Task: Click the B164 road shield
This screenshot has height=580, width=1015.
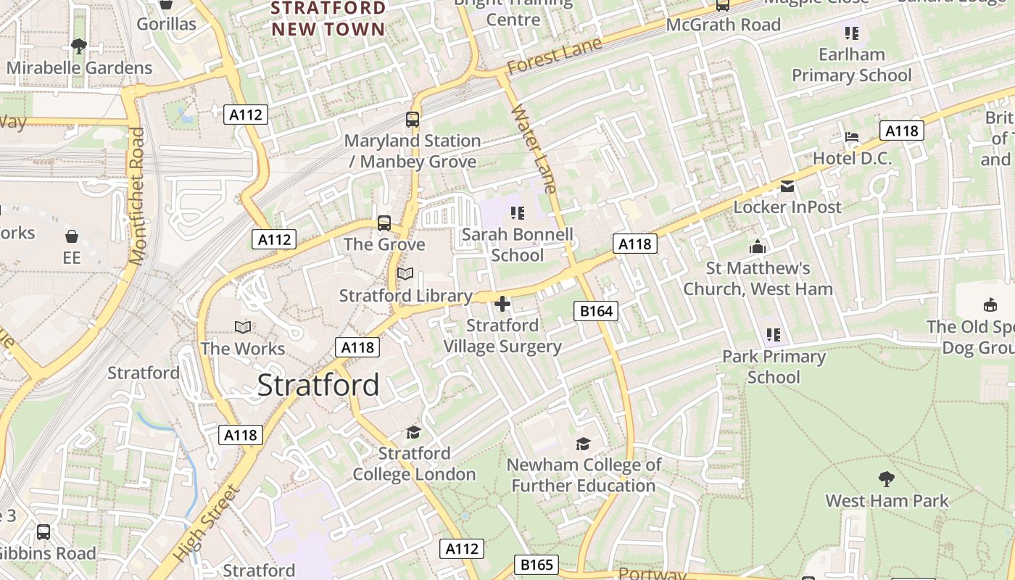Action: click(597, 311)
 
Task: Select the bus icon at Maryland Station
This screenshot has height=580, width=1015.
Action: click(413, 120)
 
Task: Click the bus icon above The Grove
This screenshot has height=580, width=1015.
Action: click(384, 223)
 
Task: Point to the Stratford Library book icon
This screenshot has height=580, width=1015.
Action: click(405, 274)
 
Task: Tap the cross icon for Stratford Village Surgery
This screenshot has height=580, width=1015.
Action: click(502, 304)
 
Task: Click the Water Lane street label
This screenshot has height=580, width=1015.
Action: click(534, 149)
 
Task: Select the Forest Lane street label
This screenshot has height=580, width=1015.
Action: click(554, 56)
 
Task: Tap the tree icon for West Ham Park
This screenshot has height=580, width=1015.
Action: click(886, 478)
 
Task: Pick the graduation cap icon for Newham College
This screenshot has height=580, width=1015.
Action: click(583, 444)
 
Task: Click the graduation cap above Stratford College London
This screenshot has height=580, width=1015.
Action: click(413, 432)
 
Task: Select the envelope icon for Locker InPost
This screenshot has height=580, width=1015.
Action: click(787, 186)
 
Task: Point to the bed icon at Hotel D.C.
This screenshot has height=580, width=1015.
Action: click(852, 137)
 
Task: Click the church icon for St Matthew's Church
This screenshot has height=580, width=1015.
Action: click(758, 247)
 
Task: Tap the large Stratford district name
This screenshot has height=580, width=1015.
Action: click(318, 385)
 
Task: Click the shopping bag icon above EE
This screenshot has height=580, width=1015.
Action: click(72, 236)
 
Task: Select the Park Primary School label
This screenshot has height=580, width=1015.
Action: click(774, 367)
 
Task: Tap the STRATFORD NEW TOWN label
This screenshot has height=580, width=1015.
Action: click(328, 19)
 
